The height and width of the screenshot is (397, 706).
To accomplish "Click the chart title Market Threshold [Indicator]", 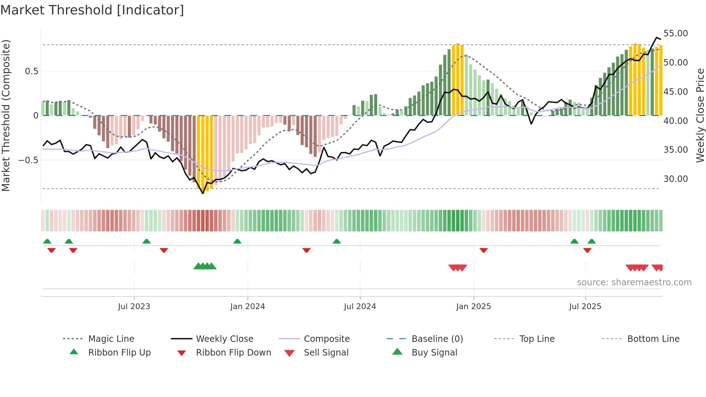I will (92, 10).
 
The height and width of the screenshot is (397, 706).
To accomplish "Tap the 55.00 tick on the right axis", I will (675, 34).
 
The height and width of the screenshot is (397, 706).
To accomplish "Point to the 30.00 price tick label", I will (675, 179).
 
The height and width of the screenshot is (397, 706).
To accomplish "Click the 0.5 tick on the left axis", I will (31, 71).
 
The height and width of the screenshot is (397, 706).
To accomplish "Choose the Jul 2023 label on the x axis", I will (134, 307).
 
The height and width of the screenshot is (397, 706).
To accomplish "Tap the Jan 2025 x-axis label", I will (473, 307).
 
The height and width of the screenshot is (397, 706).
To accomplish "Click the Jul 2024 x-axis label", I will (360, 307).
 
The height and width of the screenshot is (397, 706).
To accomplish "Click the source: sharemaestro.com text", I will (634, 282).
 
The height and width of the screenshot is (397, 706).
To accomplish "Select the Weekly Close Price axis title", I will (700, 115).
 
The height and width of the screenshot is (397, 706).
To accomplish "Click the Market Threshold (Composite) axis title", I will (6, 115).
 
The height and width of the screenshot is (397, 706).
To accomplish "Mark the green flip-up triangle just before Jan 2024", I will (237, 241).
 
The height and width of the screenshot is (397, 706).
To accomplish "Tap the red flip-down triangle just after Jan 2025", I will (484, 250).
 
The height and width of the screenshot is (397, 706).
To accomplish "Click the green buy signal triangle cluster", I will (205, 266).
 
